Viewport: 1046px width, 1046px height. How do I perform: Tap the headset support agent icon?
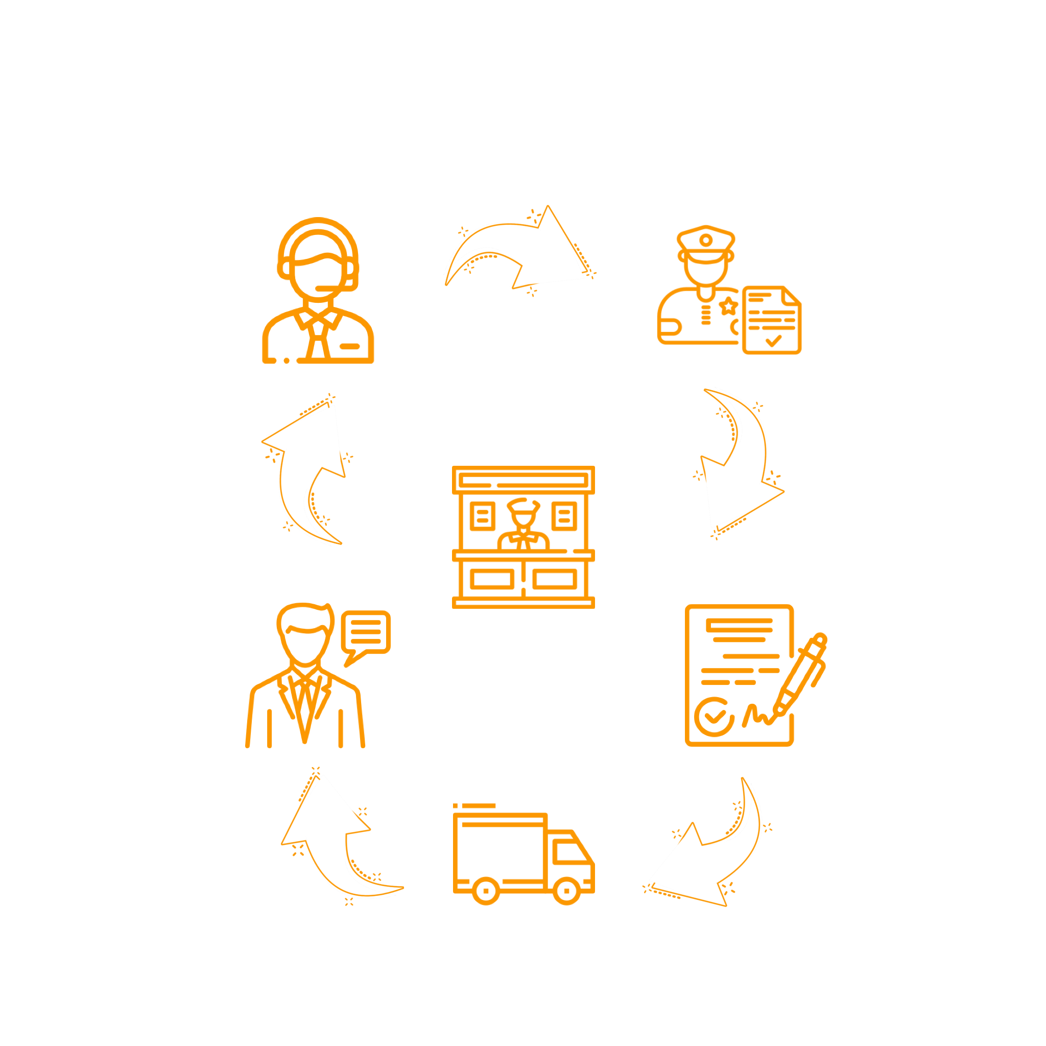coord(318,292)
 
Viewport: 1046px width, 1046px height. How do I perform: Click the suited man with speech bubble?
coord(306,677)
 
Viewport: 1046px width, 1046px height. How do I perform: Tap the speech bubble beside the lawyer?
coord(366,634)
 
